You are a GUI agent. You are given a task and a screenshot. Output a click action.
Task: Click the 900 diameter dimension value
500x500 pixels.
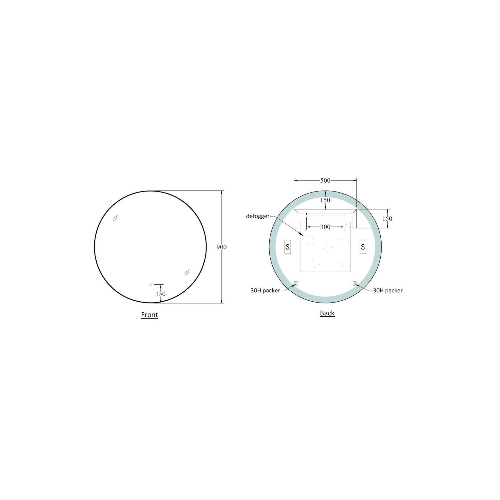pos(222,247)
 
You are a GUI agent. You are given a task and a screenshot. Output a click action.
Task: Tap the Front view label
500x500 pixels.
pos(149,315)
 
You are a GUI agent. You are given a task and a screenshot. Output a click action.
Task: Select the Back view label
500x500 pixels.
pos(327,313)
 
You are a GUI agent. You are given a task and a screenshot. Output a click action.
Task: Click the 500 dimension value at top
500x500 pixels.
pos(325,180)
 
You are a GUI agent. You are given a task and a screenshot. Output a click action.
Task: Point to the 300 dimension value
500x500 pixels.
pos(325,227)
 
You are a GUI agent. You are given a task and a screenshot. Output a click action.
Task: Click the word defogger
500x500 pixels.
pos(258,216)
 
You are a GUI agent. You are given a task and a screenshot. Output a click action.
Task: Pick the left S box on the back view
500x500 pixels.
pos(288,247)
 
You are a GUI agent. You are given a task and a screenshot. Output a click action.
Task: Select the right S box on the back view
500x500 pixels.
pos(363,247)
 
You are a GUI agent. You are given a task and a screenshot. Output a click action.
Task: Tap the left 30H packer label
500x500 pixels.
pos(265,290)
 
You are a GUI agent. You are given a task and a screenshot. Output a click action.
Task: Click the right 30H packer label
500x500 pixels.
pos(388,290)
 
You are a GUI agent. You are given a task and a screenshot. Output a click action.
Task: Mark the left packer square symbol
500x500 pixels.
pos(296,283)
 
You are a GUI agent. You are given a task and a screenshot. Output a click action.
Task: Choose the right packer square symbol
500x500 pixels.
pos(354,283)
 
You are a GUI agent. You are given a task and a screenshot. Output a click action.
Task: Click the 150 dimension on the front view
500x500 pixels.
pos(161,294)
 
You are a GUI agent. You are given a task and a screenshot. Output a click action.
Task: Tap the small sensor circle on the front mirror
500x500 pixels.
pos(150,284)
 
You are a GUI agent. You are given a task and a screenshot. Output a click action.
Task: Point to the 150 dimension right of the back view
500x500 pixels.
pos(387,219)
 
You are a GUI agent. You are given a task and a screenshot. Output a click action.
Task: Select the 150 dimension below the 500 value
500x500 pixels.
pos(325,200)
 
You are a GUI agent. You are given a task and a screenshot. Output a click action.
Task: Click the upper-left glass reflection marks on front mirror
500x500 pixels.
pos(115,218)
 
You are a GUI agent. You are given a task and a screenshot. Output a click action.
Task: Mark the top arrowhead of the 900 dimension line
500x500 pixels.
pos(222,193)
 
